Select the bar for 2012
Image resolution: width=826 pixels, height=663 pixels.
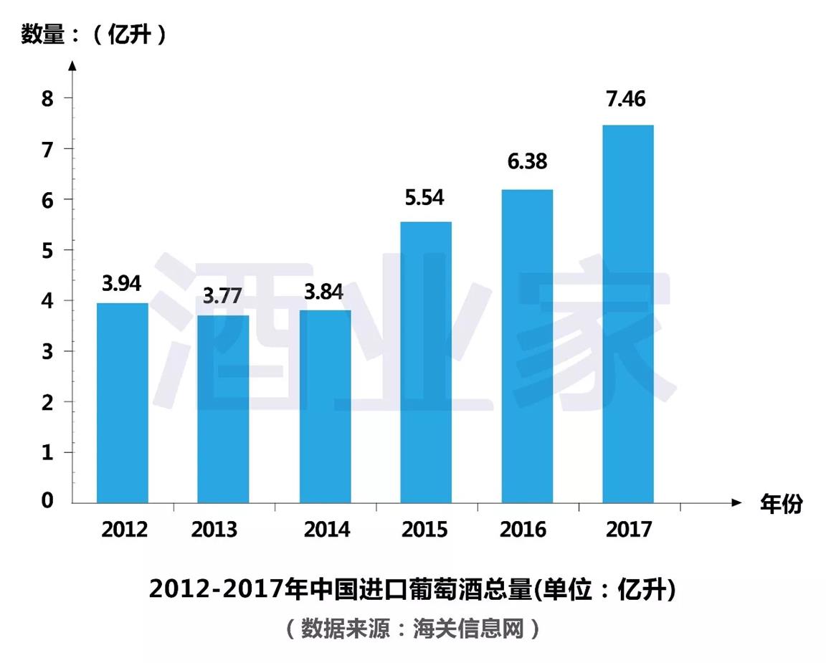tap(123, 403)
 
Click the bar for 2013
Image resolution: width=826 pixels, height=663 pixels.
tap(223, 409)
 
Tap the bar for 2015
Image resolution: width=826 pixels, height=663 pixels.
tap(426, 362)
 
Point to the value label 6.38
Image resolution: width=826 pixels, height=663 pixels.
tap(527, 162)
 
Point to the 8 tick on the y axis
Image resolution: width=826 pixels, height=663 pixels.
tap(47, 98)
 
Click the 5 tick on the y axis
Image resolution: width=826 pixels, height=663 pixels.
tap(47, 250)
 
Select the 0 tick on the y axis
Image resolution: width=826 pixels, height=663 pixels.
tap(47, 501)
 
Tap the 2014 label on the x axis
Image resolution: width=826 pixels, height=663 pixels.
tap(327, 530)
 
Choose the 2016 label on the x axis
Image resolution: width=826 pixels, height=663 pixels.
tap(523, 530)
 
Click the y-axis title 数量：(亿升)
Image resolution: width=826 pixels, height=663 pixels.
tap(94, 34)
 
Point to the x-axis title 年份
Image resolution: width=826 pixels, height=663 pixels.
tap(782, 504)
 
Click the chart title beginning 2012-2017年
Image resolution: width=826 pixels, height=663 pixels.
tap(413, 589)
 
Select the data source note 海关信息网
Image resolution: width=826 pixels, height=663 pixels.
tap(413, 629)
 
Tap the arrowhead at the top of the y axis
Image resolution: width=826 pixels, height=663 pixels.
tap(72, 65)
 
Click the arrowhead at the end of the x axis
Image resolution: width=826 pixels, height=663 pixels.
tap(736, 503)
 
